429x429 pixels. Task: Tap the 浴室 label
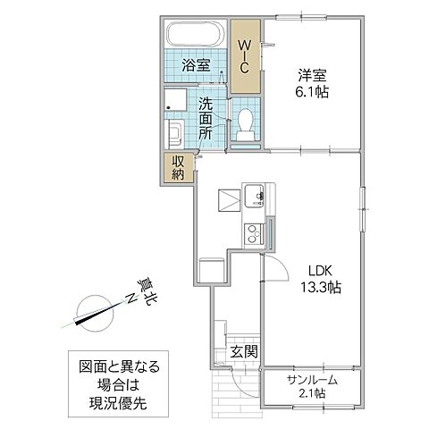pos(196,65)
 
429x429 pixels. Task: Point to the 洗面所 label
pos(206,117)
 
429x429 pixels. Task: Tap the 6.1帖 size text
pos(313,91)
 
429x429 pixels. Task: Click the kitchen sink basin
pos(252,196)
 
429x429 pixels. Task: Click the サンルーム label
pos(313,378)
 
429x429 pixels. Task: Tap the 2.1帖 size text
pos(313,393)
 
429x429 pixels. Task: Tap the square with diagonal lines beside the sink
pos(229,198)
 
